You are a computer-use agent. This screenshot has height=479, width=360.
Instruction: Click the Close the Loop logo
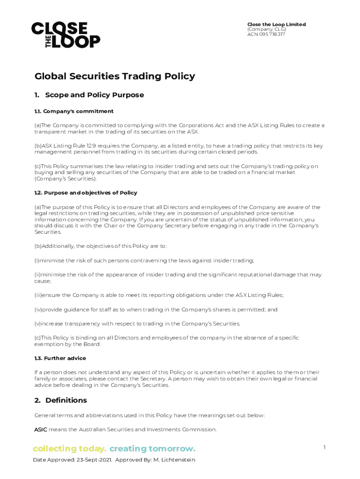[x=65, y=35]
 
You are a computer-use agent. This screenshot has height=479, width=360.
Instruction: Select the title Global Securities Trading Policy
[x=115, y=76]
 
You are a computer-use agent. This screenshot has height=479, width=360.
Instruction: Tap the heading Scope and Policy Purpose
[x=94, y=95]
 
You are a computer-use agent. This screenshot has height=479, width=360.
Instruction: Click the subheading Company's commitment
[x=79, y=111]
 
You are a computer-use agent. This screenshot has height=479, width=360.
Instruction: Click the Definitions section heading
[x=66, y=400]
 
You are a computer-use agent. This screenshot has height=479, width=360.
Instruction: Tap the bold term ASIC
[x=41, y=429]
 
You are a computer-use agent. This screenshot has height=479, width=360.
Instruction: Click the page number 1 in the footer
[x=324, y=448]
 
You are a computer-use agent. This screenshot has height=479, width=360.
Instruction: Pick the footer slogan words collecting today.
[x=70, y=449]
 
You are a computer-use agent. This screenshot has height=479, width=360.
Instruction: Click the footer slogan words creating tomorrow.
[x=152, y=449]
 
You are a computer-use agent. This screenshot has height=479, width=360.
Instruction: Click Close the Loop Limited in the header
[x=276, y=24]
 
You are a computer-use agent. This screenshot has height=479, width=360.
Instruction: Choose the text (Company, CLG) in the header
[x=266, y=29]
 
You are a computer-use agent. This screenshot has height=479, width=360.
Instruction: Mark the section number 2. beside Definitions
[x=37, y=400]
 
